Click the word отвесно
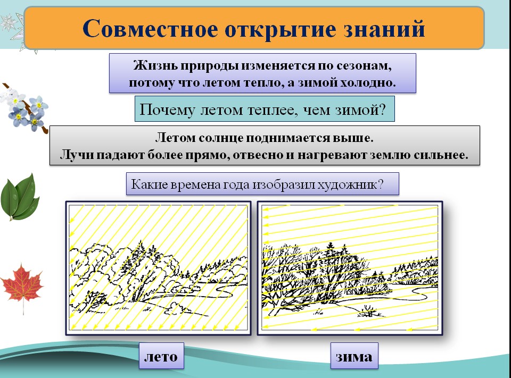pyautogui.click(x=301, y=155)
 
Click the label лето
pyautogui.click(x=161, y=356)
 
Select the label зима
pyautogui.click(x=354, y=356)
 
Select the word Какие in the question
pyautogui.click(x=147, y=185)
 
